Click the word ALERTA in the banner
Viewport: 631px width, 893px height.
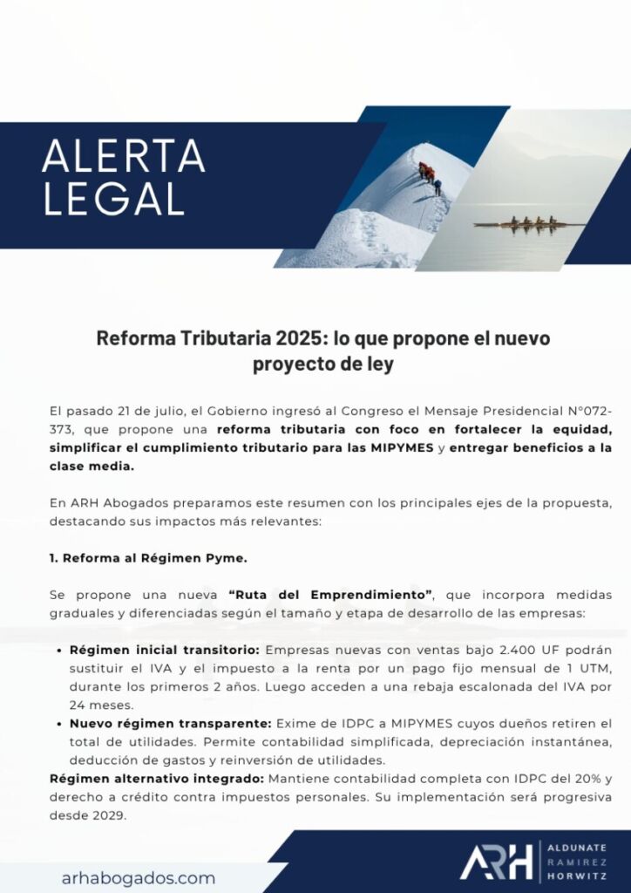(123, 157)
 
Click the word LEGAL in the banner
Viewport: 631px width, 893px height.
(113, 199)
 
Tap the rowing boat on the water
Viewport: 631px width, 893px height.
(529, 222)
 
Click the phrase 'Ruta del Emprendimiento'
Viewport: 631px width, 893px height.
(332, 595)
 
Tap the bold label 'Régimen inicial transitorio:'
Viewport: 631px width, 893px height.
(163, 650)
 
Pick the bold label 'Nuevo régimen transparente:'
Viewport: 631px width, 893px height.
(171, 724)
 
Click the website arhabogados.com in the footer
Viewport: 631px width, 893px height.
(139, 877)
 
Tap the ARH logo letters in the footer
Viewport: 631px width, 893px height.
(496, 862)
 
